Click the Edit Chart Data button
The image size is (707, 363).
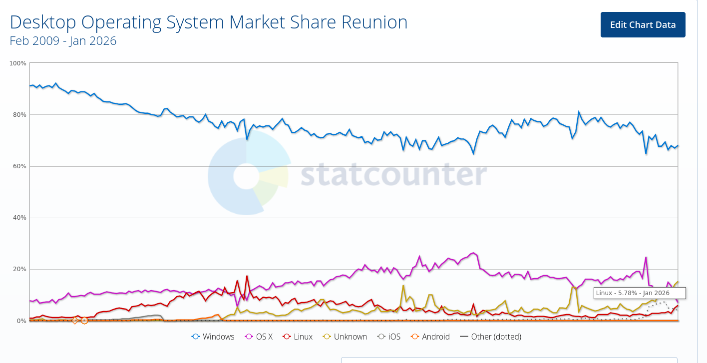click(x=643, y=25)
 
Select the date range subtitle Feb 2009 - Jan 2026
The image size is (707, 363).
click(x=63, y=41)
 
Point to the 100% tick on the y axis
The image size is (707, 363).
click(x=18, y=63)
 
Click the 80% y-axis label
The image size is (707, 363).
click(x=19, y=115)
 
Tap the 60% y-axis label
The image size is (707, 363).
click(x=19, y=166)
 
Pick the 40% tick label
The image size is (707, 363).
click(x=19, y=218)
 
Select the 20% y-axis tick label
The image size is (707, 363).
click(x=19, y=269)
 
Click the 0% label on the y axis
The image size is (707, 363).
click(x=21, y=321)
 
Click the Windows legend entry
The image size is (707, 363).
click(x=213, y=337)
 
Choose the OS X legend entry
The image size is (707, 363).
click(x=259, y=337)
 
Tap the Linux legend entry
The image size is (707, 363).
click(x=298, y=337)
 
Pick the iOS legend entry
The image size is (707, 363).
click(x=389, y=337)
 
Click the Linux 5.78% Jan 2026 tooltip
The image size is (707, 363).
click(x=639, y=293)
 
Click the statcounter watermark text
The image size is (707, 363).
click(x=393, y=173)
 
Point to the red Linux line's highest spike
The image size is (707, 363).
click(x=247, y=276)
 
